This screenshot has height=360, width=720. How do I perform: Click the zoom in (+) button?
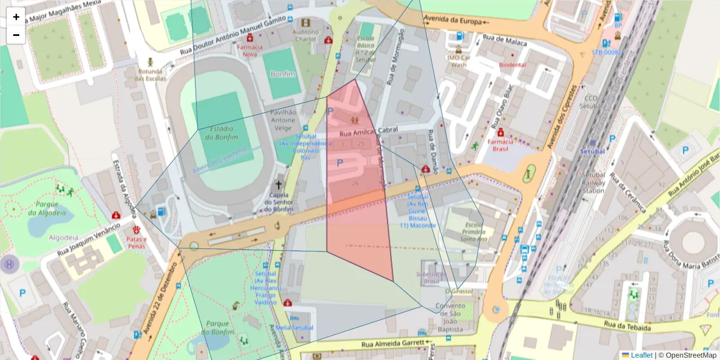point(16,17)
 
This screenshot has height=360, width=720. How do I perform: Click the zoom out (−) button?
point(16,35)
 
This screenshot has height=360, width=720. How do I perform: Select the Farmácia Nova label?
point(250,50)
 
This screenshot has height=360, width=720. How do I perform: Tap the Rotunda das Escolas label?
point(150,74)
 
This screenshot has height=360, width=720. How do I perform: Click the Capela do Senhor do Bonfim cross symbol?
point(278,185)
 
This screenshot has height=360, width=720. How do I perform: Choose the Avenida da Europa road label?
point(452,21)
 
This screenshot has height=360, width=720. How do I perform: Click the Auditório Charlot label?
point(305,35)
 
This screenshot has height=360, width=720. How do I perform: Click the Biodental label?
point(512,65)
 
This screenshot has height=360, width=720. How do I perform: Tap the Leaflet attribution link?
point(641,355)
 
